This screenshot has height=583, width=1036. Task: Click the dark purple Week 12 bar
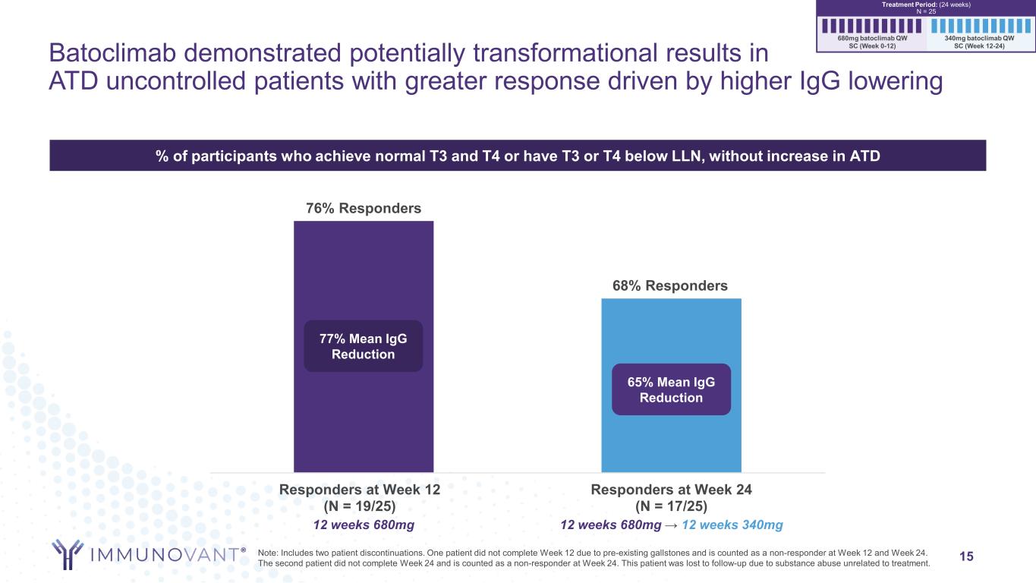tap(363, 425)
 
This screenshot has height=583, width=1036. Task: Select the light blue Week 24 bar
tap(671, 440)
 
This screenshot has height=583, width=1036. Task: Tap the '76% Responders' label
tap(363, 208)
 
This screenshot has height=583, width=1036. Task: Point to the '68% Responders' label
tap(670, 286)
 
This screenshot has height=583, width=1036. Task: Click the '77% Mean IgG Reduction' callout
tap(363, 346)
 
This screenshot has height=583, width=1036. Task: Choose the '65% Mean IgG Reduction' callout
tap(671, 389)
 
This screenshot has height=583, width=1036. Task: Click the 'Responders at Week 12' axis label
tap(360, 490)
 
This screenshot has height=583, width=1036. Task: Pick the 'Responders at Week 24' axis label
tap(671, 490)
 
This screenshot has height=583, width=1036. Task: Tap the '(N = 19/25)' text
tap(360, 506)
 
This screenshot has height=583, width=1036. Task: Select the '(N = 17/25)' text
tap(671, 506)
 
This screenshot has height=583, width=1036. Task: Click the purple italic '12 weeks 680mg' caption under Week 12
tap(364, 525)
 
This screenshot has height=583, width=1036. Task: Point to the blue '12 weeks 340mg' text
tap(732, 525)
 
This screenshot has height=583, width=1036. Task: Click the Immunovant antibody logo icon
tap(68, 553)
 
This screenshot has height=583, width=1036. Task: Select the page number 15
tap(966, 557)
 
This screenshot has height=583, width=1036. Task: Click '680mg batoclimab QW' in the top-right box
tap(871, 37)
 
